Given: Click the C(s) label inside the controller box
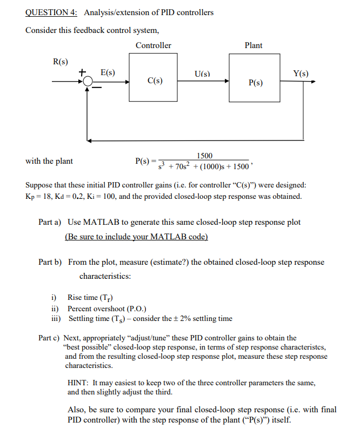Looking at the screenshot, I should tap(155, 81).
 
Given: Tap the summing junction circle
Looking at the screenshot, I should tap(88, 82).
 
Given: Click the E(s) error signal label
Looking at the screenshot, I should tap(108, 72).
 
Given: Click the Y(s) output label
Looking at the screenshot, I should tap(301, 73).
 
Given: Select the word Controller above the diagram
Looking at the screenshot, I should tap(154, 45).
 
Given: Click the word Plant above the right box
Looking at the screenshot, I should tap(254, 45).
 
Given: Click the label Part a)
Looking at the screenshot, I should tap(50, 223).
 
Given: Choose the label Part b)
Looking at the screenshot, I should tap(50, 262).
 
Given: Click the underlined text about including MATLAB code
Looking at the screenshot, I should tap(136, 237).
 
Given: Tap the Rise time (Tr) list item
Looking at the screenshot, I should tap(90, 297).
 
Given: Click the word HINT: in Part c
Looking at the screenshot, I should tap(77, 383).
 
